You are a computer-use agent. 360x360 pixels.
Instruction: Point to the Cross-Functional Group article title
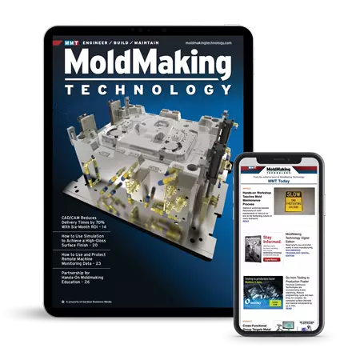click(261, 328)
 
